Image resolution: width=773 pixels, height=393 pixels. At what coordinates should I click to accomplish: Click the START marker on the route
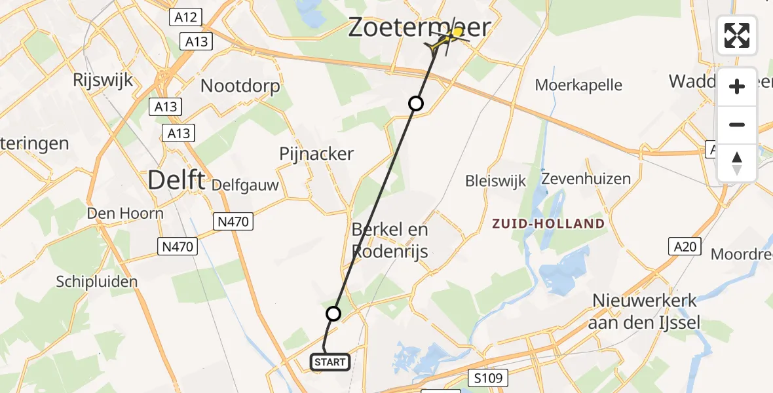coord(329,362)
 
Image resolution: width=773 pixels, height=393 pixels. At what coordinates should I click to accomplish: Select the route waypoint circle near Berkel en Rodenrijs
coord(333,314)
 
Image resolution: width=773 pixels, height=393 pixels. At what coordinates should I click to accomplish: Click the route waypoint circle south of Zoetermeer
coord(416,103)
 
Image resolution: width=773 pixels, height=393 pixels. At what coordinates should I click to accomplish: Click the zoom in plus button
coord(737,86)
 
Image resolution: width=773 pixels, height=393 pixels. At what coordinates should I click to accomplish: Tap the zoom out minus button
coord(737,124)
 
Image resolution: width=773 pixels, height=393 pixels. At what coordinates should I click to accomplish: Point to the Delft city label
coord(176,179)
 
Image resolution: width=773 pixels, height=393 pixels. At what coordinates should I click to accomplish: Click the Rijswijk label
coord(104,81)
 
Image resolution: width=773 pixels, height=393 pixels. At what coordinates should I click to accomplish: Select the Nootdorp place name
coord(240,86)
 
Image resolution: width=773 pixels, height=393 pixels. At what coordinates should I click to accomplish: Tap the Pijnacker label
coord(316,154)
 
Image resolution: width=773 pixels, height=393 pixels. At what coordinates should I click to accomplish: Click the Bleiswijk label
coord(495,181)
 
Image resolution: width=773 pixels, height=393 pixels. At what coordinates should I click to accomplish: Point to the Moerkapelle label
coord(578,84)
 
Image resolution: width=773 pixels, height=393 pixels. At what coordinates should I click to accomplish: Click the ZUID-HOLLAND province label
coord(549,224)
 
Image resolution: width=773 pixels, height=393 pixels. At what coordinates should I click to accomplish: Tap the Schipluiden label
coord(97,282)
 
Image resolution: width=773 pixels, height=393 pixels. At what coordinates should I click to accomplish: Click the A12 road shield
coord(186,18)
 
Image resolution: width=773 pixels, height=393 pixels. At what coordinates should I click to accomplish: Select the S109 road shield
coord(488,377)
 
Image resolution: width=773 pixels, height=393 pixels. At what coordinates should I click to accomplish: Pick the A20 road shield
coord(684,246)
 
